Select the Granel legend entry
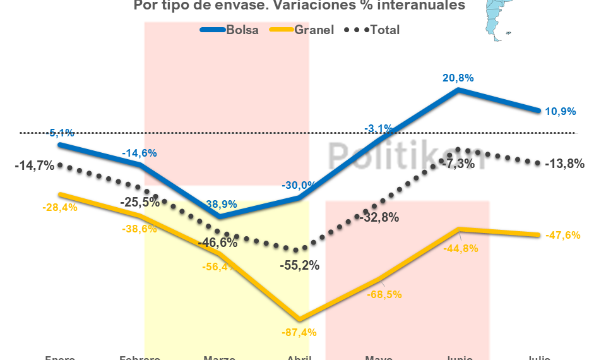302,30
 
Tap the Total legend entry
372,30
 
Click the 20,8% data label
458,78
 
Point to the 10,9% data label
560,111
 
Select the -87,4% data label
300,332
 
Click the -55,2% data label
299,265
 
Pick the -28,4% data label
59,207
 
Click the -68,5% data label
385,294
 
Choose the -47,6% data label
563,235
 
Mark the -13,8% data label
564,164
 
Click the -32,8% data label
379,218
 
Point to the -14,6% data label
140,153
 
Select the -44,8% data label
461,248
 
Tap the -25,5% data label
141,203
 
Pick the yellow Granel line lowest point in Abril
300,320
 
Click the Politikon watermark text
407,155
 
